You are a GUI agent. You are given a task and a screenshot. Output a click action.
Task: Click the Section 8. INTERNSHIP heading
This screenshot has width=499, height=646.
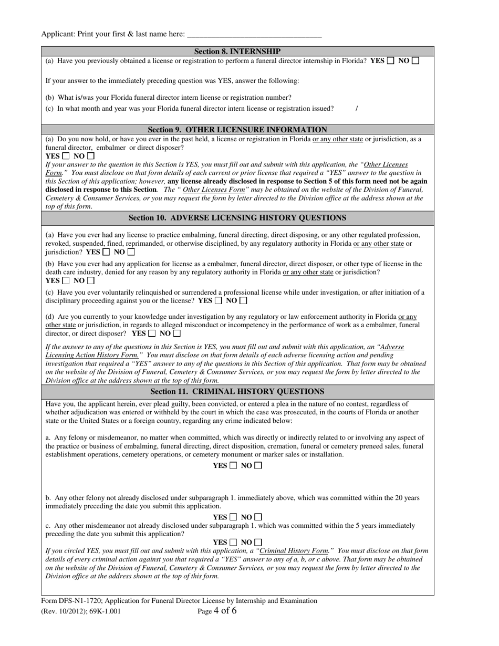[x=237, y=51]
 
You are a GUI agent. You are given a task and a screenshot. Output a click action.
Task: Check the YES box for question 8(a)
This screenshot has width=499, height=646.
[x=391, y=60]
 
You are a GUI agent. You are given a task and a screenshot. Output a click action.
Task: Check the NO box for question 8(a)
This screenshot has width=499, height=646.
[x=415, y=60]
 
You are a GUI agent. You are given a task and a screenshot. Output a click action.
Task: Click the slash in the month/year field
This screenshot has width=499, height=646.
[x=357, y=109]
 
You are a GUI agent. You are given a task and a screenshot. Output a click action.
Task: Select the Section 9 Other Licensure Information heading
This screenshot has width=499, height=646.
[x=237, y=129]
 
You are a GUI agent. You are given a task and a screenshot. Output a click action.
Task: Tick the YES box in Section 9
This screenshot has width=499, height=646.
[x=66, y=156]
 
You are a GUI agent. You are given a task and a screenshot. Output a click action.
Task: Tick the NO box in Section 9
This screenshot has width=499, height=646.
[x=91, y=156]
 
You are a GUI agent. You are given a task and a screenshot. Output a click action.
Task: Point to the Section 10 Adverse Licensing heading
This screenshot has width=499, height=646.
[x=237, y=217]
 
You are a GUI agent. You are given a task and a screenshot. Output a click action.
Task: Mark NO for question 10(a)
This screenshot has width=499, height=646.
[x=131, y=252]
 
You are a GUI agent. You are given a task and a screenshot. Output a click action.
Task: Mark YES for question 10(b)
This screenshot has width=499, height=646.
[x=66, y=280]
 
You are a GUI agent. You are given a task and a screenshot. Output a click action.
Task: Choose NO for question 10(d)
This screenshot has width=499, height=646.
[x=177, y=333]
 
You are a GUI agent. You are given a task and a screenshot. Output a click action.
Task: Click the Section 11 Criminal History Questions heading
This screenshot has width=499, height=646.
[x=237, y=391]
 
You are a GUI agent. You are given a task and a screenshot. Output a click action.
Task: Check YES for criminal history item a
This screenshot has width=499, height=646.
[x=233, y=465]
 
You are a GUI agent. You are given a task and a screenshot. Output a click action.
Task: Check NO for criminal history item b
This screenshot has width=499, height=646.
[x=258, y=517]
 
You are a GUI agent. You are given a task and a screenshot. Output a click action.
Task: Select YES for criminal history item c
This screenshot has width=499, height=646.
[x=233, y=542]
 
